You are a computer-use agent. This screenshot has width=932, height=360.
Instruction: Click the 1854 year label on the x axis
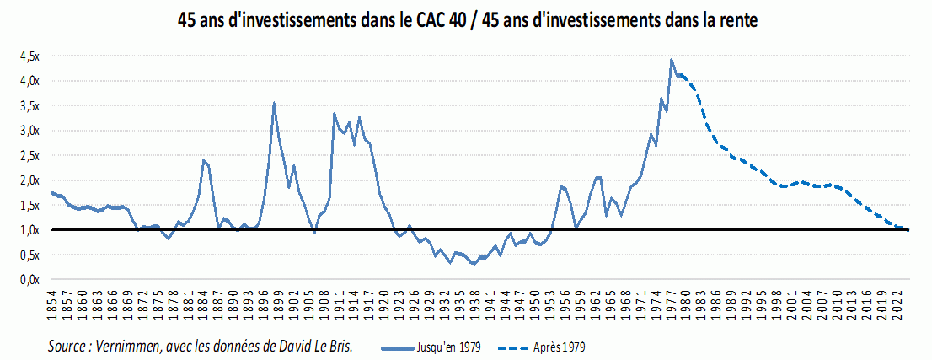tap(52, 303)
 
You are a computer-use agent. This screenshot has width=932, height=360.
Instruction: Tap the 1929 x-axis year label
tap(431, 303)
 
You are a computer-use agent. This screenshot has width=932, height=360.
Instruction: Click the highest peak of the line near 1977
tap(671, 59)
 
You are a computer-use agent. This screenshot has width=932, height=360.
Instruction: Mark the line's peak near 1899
tap(274, 103)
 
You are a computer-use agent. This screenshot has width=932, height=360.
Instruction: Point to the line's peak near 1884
tap(203, 159)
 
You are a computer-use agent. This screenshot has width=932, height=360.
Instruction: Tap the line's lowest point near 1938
tap(474, 264)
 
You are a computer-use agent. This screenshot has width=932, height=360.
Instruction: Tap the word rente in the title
tap(739, 21)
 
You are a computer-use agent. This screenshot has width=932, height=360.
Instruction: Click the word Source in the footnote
tap(70, 346)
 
